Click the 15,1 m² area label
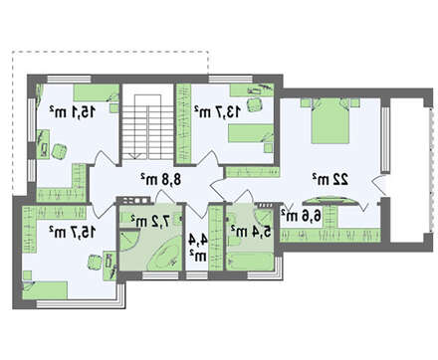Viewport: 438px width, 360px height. coord(73,112)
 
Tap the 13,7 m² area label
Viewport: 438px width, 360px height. coord(217,112)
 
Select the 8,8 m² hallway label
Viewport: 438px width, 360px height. coord(161,179)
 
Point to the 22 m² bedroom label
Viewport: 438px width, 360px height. coord(330,179)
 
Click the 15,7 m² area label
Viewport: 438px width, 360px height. coord(73,232)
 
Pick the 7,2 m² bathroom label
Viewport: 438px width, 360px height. coord(150,221)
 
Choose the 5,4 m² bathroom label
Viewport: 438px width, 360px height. coord(251,231)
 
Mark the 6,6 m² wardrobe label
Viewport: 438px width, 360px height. coord(302,216)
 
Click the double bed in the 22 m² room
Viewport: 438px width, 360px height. coord(330,120)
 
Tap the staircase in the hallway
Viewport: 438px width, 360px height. coord(147,127)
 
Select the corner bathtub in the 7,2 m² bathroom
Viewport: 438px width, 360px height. coord(164,256)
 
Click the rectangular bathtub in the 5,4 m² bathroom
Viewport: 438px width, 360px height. coord(250,262)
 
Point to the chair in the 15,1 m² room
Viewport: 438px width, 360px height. coord(60,151)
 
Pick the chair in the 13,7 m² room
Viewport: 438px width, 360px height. coord(255,105)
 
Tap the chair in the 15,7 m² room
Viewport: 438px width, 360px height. coord(95,262)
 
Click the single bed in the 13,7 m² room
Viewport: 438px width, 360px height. coord(251,133)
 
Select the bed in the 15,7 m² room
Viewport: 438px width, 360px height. coord(45,290)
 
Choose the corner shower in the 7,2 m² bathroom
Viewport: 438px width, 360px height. coord(128,242)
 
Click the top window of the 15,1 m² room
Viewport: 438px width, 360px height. coord(69,79)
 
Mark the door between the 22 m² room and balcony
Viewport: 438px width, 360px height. coord(379,186)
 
